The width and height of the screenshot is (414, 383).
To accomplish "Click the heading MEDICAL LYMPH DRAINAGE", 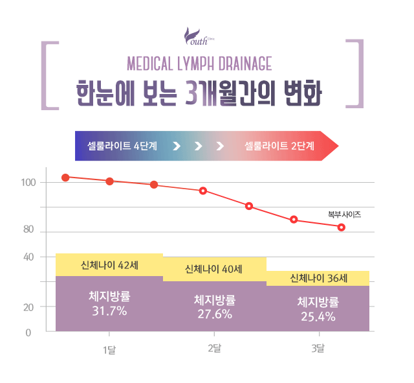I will (x=199, y=64).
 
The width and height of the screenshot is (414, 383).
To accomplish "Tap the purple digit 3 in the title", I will (x=192, y=93).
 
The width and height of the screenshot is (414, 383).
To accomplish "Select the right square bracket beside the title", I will (x=353, y=73).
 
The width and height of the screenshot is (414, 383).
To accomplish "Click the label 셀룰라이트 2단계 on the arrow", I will (x=279, y=145).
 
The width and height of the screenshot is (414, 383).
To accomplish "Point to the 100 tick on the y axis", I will (x=28, y=183).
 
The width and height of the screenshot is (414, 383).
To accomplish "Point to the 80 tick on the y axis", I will (x=28, y=230).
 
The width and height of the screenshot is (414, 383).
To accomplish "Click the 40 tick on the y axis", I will (x=28, y=257).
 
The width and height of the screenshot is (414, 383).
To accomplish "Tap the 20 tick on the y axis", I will (x=28, y=307).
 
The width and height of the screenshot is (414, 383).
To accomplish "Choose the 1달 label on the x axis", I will (x=109, y=350).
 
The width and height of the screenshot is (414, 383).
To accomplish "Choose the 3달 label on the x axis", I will (x=318, y=349).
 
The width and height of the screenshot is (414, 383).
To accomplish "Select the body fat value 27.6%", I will (x=214, y=314).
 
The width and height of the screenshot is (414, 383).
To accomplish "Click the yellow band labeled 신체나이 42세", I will (x=109, y=265).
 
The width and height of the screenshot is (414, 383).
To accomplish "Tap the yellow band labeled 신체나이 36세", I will (x=318, y=279).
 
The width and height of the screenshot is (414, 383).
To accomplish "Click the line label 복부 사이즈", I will (x=344, y=213).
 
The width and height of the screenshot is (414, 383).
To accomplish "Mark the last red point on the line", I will (x=341, y=227).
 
